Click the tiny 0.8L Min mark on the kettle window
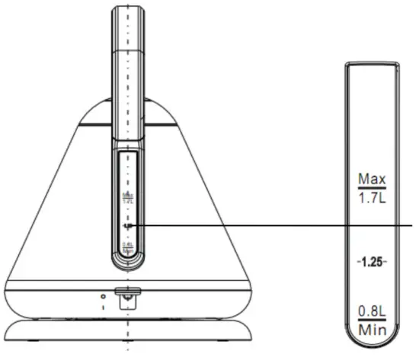point(126,246)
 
